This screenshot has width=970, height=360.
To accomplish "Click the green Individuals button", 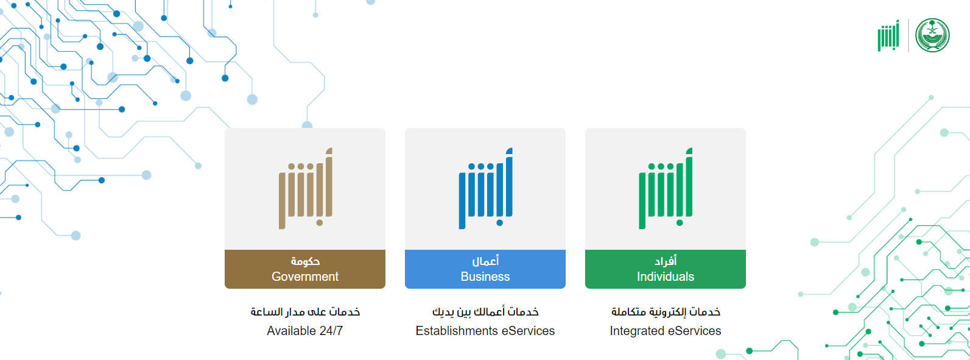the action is coord(665,269).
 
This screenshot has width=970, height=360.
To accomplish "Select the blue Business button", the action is coord(485,269).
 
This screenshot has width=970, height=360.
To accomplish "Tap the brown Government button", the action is coord(305,269).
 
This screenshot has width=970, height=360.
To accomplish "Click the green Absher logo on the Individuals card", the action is coord(666,188).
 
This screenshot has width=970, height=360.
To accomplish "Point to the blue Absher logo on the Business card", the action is coord(485,188).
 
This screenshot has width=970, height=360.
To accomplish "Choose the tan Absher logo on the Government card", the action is coord(305,188).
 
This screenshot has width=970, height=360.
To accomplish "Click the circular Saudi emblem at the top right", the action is coord(932,35).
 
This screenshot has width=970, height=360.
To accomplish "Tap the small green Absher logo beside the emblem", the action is coord(888,35).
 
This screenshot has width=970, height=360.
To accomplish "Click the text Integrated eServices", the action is coord(665,331).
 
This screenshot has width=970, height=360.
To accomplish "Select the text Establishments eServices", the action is coord(485,331).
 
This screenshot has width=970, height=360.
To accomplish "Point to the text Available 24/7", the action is coord(305,331).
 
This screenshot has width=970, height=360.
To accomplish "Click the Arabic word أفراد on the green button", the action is coord(665,261).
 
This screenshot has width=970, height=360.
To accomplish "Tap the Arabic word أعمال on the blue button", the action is coord(485,261).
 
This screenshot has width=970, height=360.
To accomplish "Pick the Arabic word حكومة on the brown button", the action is coord(305,261).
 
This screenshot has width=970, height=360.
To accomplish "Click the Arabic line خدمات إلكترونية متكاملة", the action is coord(666,312).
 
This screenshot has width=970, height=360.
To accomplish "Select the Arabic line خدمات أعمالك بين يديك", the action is coord(485,312).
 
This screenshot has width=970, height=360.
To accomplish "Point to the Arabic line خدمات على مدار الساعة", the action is coord(305,312).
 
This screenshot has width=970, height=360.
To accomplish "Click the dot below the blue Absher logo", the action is coord(500,223).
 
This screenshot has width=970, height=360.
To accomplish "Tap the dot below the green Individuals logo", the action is coord(680,223).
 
